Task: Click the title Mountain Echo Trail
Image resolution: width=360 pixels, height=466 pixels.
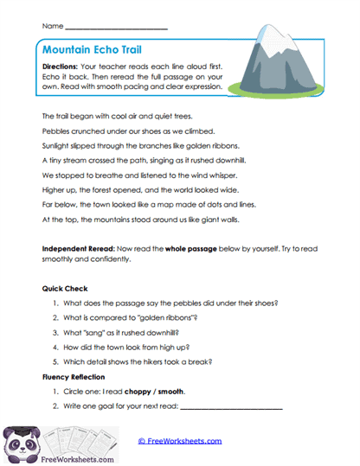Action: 96,51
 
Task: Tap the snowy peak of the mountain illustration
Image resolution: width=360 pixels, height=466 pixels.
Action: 292,43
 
